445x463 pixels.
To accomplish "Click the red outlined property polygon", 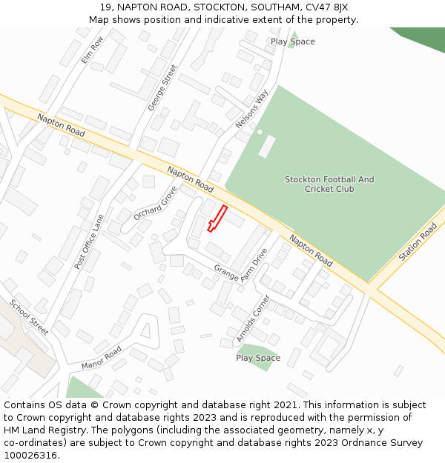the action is click(x=217, y=219).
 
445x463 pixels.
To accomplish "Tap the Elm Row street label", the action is click(x=92, y=50).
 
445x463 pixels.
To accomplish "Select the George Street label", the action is click(x=163, y=87).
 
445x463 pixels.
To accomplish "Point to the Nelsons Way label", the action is click(x=251, y=109).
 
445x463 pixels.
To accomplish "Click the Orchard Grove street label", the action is click(x=156, y=202).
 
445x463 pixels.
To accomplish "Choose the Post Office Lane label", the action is click(x=90, y=241).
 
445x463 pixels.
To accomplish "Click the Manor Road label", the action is click(x=102, y=357).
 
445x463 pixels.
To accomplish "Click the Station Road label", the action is click(x=418, y=242).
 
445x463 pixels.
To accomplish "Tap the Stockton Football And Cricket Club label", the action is click(x=329, y=184).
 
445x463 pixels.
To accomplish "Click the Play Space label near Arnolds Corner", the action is click(x=258, y=358).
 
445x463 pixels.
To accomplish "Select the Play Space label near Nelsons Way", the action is click(x=293, y=41).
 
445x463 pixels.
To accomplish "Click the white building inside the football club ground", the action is click(x=267, y=146).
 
